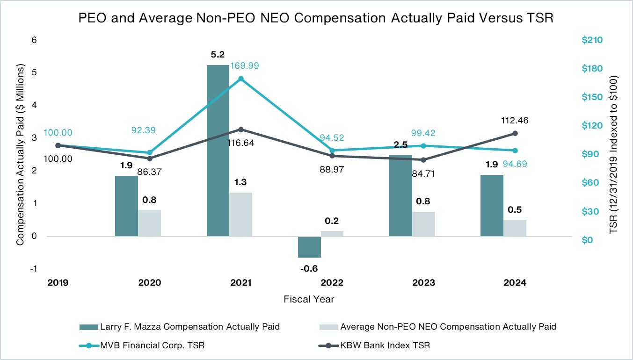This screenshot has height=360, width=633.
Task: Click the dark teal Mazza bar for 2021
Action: (x=218, y=151)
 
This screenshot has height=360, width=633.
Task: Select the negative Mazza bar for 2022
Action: (x=309, y=247)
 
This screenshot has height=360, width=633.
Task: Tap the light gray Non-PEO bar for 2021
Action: (x=241, y=214)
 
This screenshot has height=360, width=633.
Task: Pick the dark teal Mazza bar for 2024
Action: (x=492, y=206)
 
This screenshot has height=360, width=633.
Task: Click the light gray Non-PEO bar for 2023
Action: (x=423, y=224)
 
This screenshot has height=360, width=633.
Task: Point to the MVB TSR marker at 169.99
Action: (x=241, y=79)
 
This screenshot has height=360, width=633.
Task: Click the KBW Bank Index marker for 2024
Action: (x=515, y=133)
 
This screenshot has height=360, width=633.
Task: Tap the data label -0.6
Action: (x=309, y=269)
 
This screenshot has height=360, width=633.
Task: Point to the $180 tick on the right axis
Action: (x=592, y=69)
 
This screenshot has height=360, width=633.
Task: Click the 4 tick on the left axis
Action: (x=33, y=105)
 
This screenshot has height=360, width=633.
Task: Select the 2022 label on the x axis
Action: (x=332, y=283)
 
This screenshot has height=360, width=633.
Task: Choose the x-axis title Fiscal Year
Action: (x=309, y=299)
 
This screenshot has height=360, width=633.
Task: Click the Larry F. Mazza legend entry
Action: (x=189, y=327)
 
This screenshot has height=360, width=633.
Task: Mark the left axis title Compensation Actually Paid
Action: (x=20, y=154)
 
